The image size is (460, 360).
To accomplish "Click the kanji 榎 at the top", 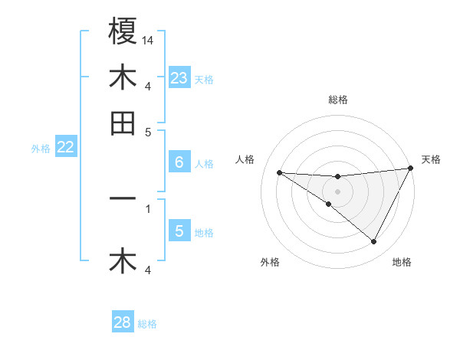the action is [123, 31].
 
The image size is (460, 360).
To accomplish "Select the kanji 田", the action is [123, 123].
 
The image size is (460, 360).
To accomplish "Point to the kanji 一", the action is [123, 198].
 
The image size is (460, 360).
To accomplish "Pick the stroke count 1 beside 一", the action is [148, 207].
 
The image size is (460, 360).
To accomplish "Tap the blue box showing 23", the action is [179, 78].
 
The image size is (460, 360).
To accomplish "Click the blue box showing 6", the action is [179, 162].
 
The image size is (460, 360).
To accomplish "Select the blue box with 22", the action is [65, 148].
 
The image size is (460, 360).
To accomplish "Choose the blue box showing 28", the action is [122, 322].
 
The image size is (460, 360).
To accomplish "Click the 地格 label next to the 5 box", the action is [204, 233].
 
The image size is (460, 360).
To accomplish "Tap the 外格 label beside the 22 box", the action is [41, 149].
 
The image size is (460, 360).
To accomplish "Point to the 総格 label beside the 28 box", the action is [147, 324].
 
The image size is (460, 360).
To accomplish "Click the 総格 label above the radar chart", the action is [337, 100].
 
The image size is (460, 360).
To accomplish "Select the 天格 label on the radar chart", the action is [432, 159].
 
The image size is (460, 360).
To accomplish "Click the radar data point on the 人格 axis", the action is [279, 172].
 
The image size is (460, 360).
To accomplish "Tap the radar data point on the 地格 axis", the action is [373, 242].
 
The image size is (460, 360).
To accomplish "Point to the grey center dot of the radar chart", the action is [337, 190].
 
